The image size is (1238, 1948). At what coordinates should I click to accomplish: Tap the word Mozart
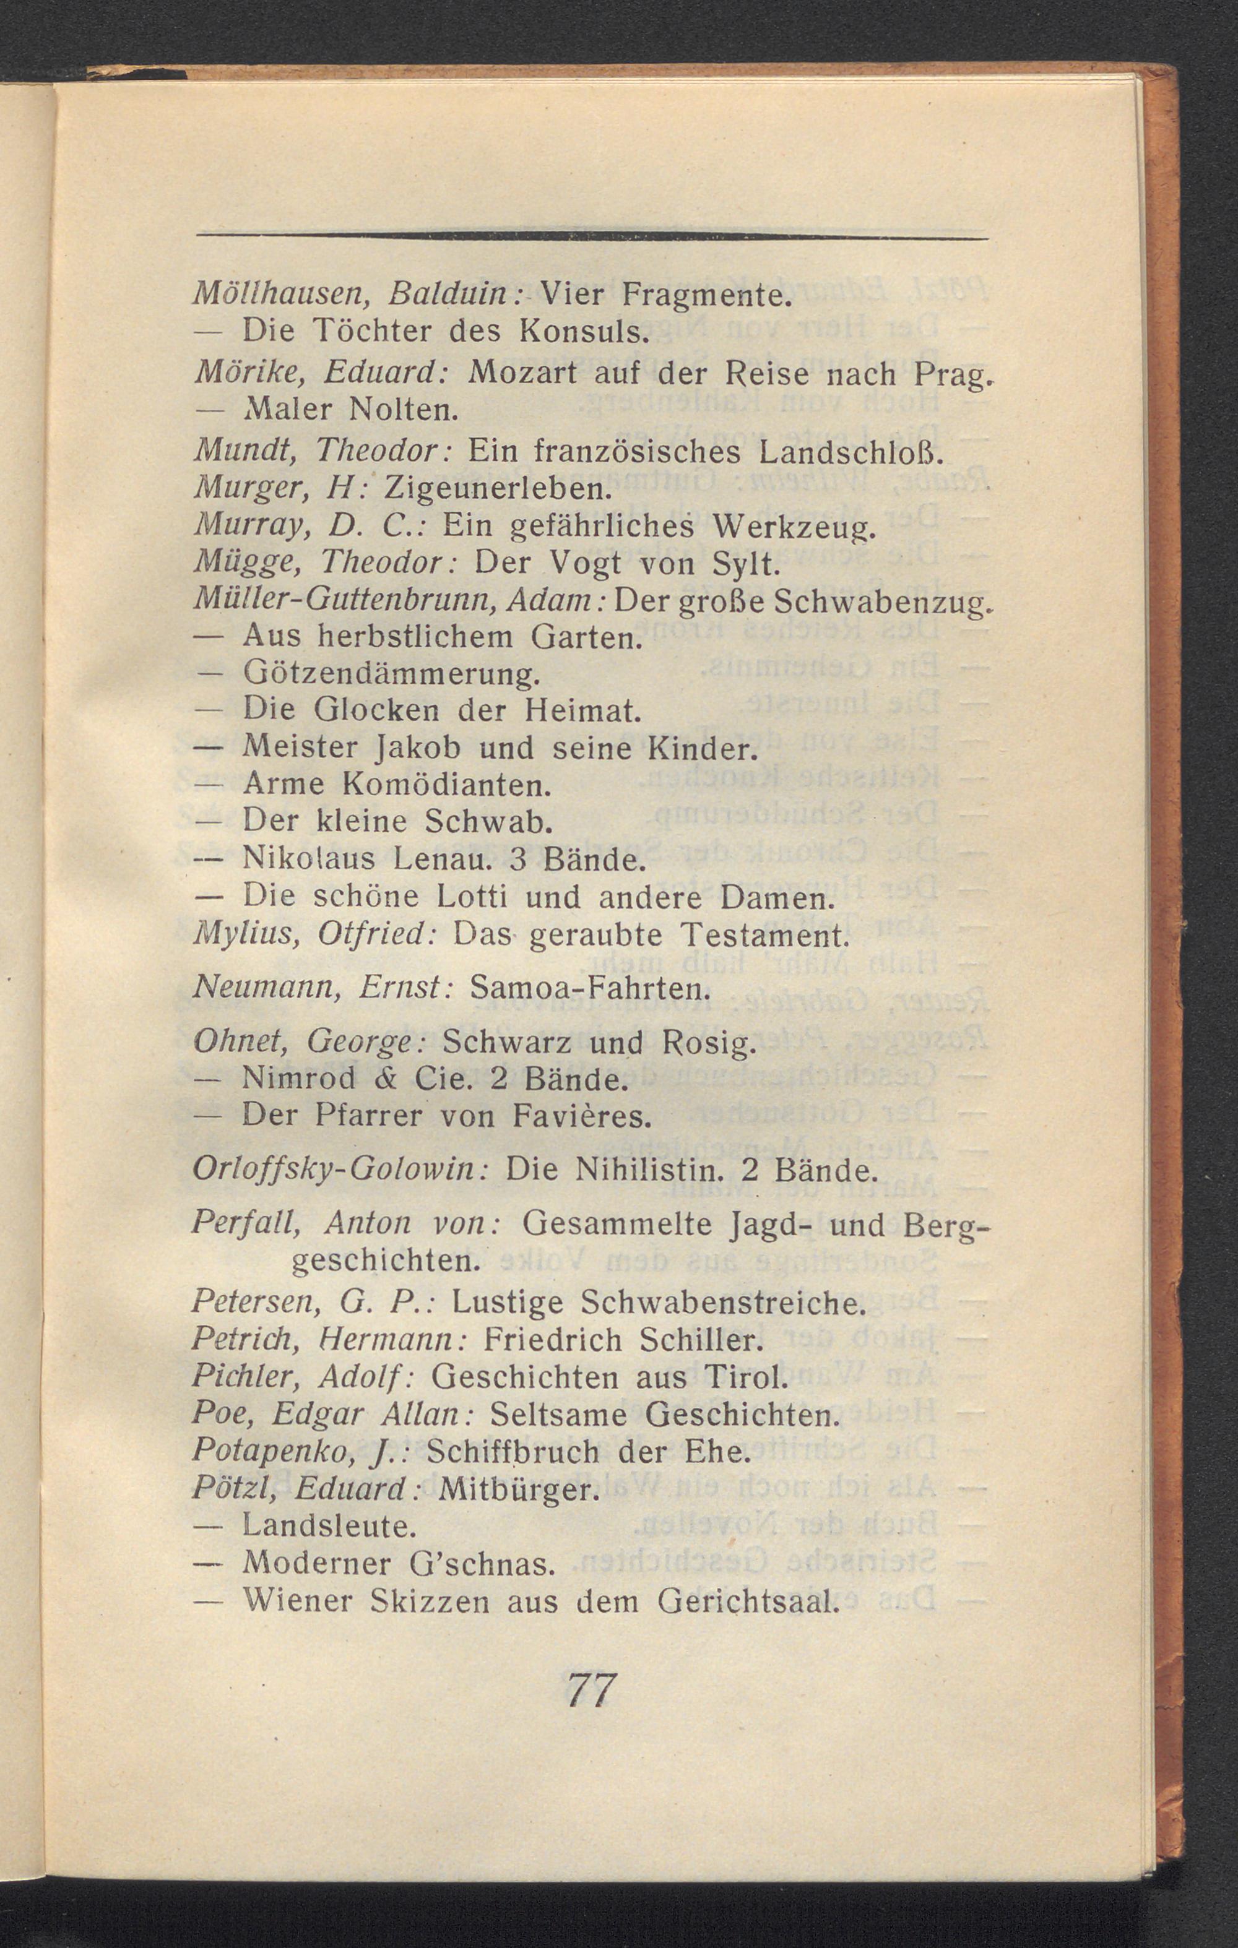click(521, 373)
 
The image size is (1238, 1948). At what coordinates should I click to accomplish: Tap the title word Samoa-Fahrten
click(589, 989)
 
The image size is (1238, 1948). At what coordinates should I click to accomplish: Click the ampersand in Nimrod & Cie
click(394, 1080)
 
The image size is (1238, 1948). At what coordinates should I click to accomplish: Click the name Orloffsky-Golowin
click(335, 1171)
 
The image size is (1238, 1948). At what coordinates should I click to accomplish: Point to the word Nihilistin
click(646, 1171)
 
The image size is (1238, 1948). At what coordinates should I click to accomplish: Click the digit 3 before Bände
click(519, 861)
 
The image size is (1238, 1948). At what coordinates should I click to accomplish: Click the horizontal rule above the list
click(593, 237)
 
